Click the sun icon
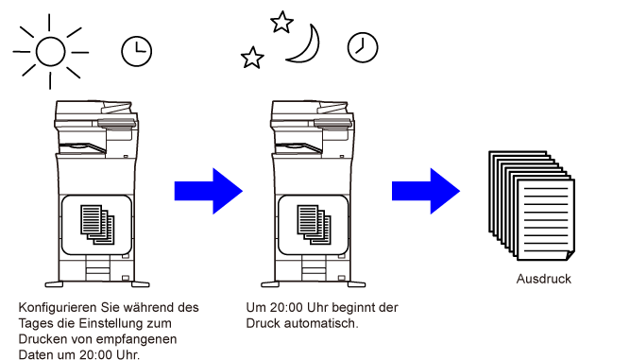[51, 51]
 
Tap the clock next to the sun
[137, 51]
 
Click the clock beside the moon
[363, 47]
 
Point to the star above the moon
[281, 22]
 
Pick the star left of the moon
[252, 58]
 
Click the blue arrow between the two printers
[209, 191]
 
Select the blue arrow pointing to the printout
[426, 191]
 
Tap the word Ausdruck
[544, 279]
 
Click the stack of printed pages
[532, 206]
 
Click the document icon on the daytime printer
[97, 225]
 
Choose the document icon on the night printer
[315, 225]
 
